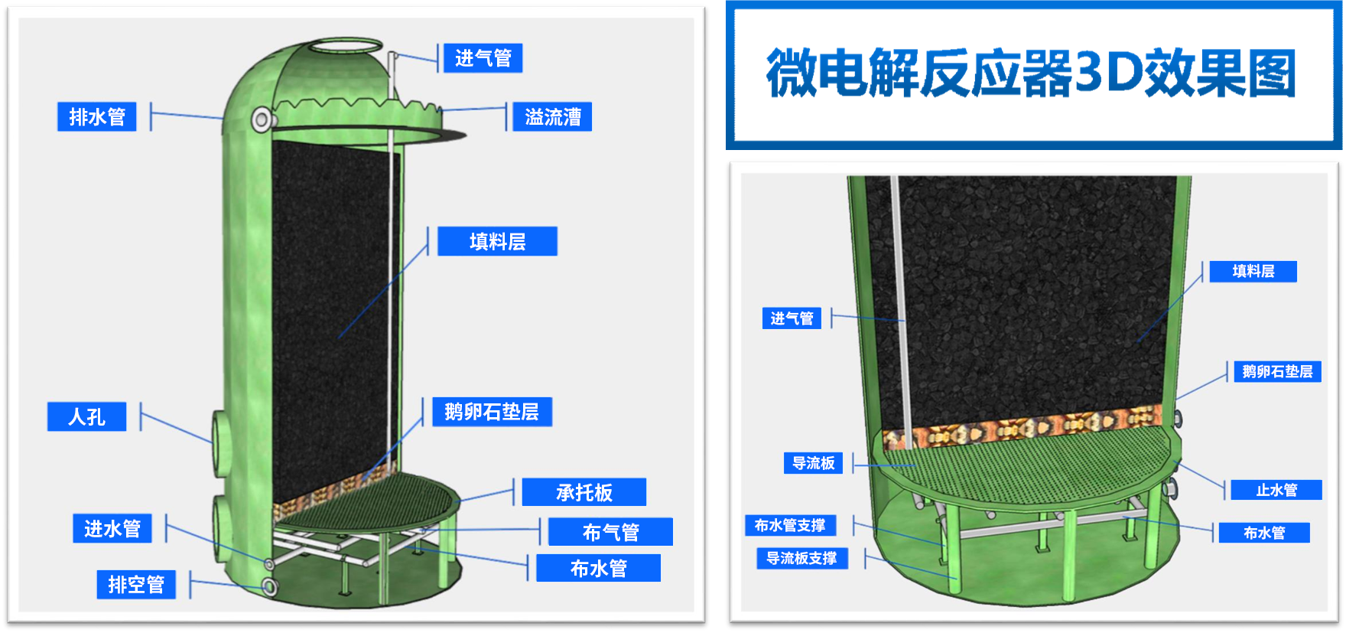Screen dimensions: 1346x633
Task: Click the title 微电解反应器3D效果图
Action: [1031, 73]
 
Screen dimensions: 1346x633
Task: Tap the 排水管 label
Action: [97, 116]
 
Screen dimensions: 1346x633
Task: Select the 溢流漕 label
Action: [552, 116]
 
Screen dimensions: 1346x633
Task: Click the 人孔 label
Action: [86, 416]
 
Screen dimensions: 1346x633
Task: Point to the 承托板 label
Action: [584, 492]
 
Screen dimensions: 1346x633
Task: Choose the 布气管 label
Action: [610, 532]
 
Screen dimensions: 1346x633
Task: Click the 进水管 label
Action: [112, 528]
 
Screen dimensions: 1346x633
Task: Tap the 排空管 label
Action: [136, 584]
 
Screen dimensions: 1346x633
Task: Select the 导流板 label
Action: [813, 463]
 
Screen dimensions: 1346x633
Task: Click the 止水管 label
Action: [1276, 490]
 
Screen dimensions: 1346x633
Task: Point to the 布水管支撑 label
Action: [790, 525]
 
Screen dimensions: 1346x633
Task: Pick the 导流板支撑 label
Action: [801, 559]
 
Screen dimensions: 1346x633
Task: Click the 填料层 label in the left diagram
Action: [497, 241]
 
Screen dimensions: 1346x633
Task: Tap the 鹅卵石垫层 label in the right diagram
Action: [1277, 371]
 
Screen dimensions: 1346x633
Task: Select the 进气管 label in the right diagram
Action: [792, 318]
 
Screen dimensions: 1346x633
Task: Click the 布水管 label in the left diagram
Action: [598, 568]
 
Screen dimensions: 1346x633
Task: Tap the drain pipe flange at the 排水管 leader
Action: [262, 119]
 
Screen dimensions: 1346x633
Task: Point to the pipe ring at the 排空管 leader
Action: [270, 587]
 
